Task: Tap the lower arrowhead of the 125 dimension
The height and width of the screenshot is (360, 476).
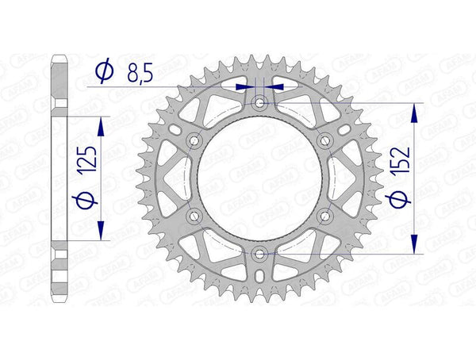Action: coord(100,230)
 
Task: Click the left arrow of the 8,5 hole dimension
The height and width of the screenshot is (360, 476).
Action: coord(248,86)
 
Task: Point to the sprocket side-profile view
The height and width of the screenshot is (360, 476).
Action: coord(59,178)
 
